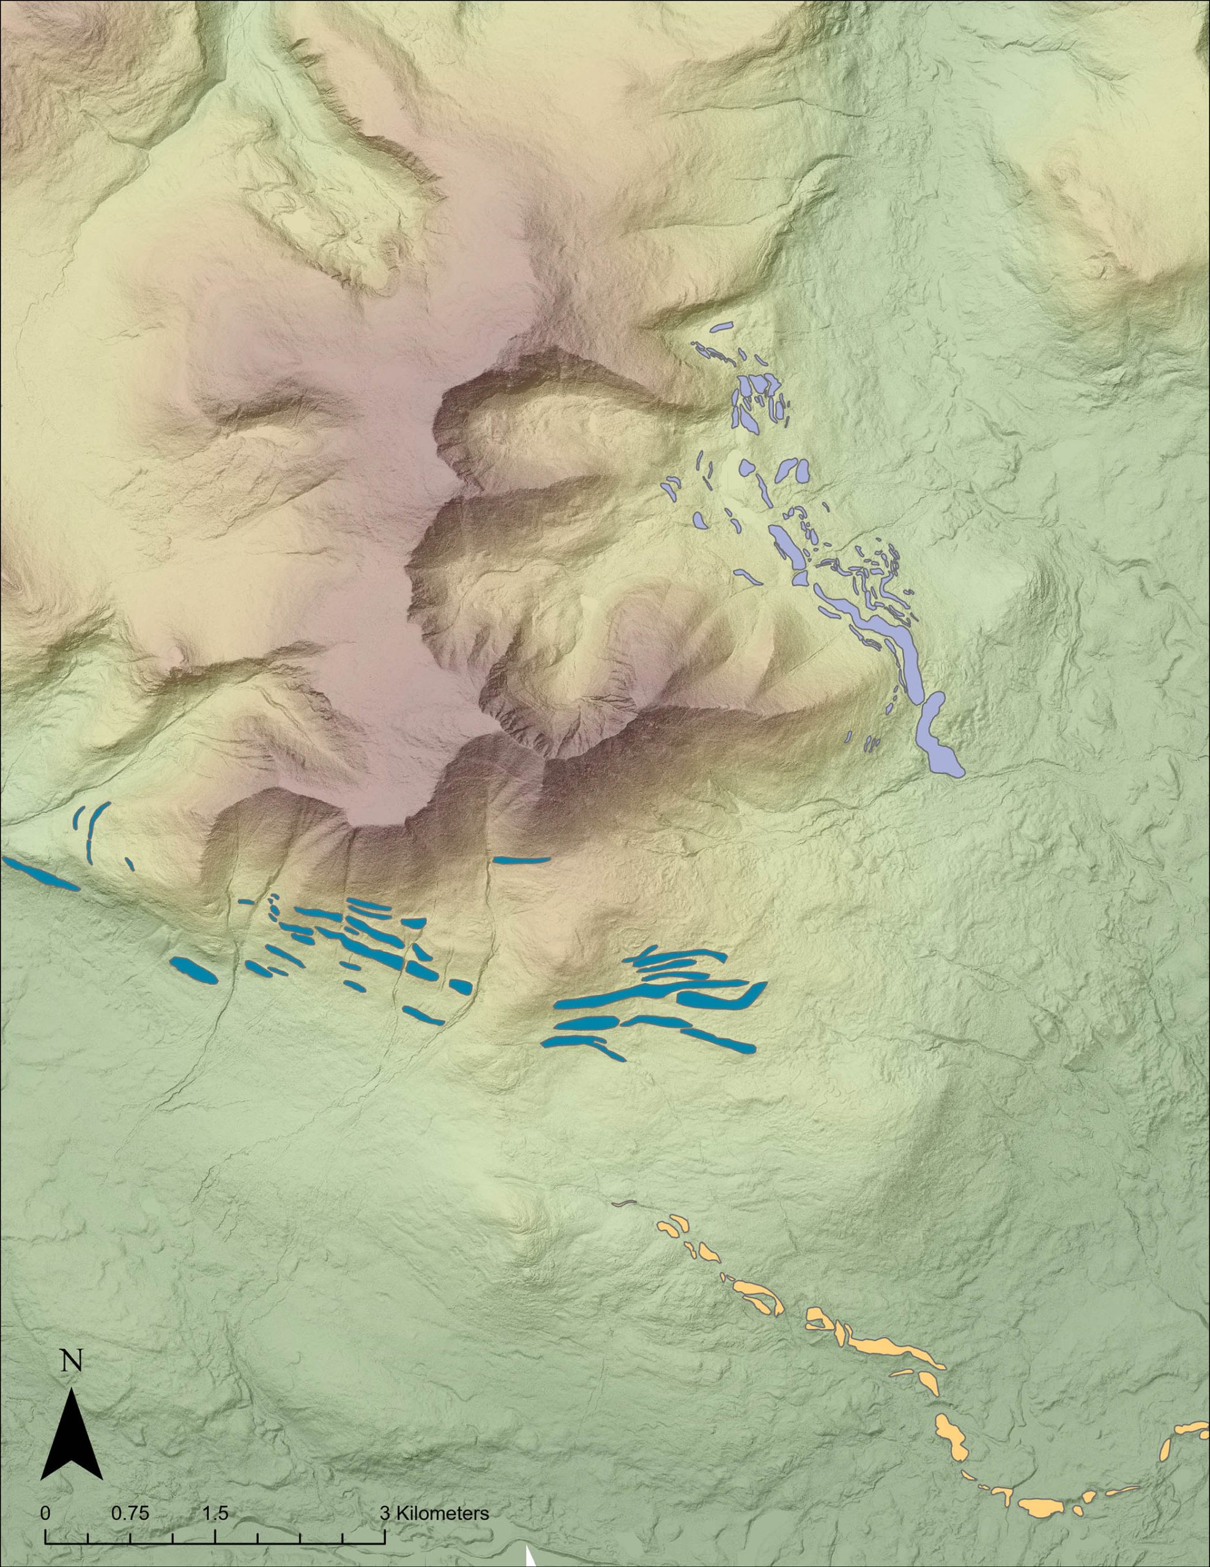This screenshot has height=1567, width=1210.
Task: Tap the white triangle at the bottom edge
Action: click(531, 1558)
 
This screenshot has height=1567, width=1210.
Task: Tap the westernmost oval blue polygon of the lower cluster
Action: click(191, 971)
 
